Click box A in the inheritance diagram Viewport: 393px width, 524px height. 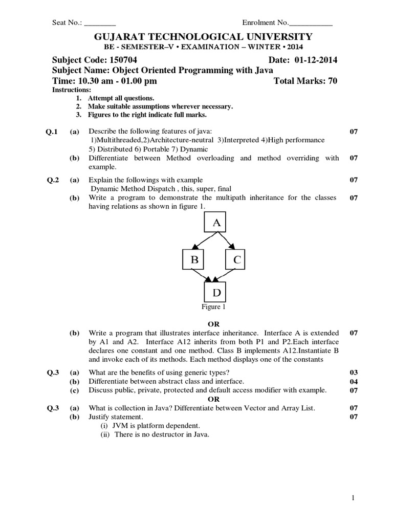(x=216, y=223)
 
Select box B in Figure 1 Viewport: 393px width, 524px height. (x=194, y=260)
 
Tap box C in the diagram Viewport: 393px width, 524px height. (x=236, y=260)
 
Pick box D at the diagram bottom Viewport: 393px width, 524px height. (x=216, y=293)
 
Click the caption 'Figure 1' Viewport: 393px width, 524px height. (x=213, y=307)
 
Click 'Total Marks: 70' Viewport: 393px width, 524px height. (x=305, y=81)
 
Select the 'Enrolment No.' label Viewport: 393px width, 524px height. (x=265, y=23)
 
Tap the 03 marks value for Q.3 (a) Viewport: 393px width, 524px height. (x=353, y=372)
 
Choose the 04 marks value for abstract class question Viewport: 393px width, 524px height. (x=353, y=381)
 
